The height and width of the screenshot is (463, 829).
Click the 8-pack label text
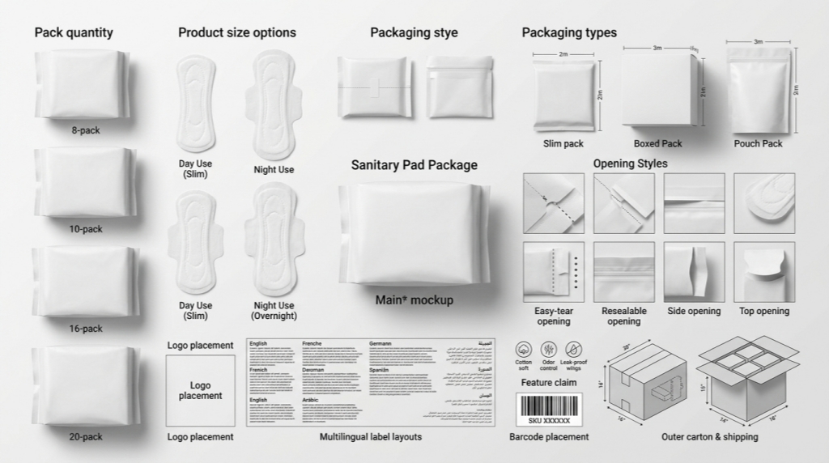(x=85, y=130)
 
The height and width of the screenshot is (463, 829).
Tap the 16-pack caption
(x=85, y=329)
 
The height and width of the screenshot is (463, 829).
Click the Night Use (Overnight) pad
(x=274, y=243)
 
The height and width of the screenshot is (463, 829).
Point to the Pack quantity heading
(x=74, y=32)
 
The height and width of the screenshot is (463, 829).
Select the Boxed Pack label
(x=657, y=143)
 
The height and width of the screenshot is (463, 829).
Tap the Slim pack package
(x=563, y=96)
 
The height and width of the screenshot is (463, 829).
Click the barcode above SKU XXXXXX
(x=549, y=405)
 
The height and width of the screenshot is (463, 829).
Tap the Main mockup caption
(x=414, y=300)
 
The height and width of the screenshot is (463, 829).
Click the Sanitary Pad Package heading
(x=414, y=165)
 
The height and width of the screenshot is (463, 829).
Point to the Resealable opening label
(x=623, y=316)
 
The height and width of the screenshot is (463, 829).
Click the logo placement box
(x=200, y=391)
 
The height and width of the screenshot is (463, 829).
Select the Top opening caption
(x=763, y=311)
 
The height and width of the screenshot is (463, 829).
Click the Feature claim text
(x=548, y=382)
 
